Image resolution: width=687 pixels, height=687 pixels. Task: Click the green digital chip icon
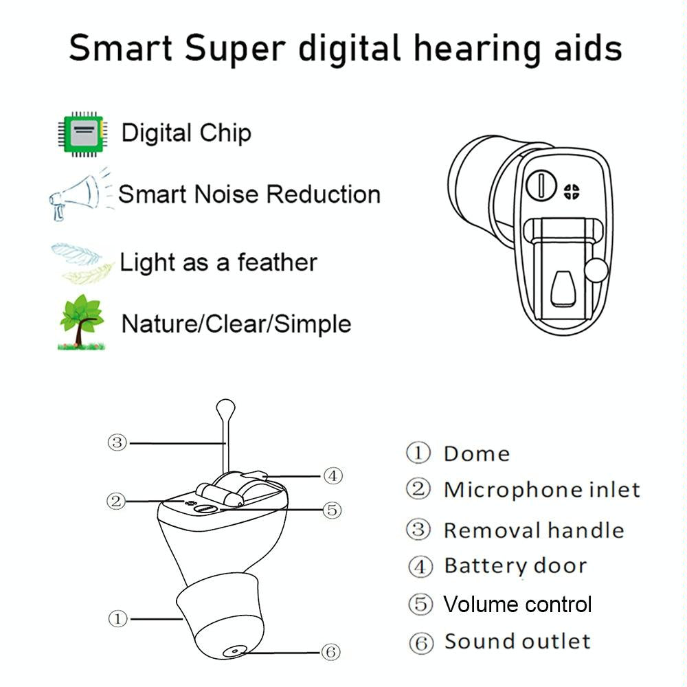pos(81,133)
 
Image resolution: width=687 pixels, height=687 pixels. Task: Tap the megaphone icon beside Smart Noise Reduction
pos(76,194)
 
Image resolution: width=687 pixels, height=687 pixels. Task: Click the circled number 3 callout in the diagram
pos(117,442)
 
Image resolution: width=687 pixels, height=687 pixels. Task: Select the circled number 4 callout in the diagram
pos(332,475)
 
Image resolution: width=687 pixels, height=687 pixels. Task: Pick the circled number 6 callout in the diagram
pos(331,651)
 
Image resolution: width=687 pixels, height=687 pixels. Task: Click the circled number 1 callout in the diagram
pos(117,618)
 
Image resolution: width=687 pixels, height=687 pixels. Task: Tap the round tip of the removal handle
pos(225,409)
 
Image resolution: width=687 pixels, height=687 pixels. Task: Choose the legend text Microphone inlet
pos(541,490)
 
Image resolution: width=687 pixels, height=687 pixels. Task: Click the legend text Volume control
pos(517,605)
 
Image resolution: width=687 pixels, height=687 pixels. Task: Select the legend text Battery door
pos(515,566)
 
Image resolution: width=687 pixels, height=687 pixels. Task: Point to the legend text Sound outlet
pos(517,642)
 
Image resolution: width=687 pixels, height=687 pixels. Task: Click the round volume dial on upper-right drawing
pos(542,185)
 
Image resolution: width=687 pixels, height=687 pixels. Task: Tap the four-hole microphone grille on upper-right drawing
pos(571,192)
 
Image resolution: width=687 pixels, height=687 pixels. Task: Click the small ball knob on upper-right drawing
pos(596,271)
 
